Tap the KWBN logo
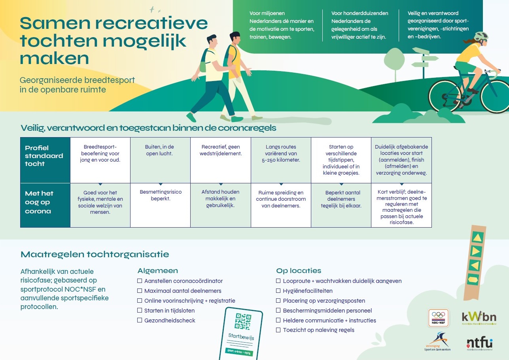pyautogui.click(x=479, y=317)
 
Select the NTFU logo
pyautogui.click(x=479, y=343)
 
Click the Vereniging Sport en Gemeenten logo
pyautogui.click(x=437, y=342)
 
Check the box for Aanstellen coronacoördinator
pyautogui.click(x=140, y=281)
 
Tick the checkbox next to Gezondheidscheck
pyautogui.click(x=140, y=320)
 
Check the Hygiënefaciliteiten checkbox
pyautogui.click(x=278, y=291)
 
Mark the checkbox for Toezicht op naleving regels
pyautogui.click(x=278, y=330)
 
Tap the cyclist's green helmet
pyautogui.click(x=481, y=37)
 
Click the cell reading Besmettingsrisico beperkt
pyautogui.click(x=160, y=195)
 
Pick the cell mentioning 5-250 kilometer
pyautogui.click(x=281, y=153)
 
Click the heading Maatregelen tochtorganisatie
pyautogui.click(x=95, y=254)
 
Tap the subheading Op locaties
pyautogui.click(x=299, y=271)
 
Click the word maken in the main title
pyautogui.click(x=54, y=58)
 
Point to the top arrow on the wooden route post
pyautogui.click(x=477, y=237)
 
